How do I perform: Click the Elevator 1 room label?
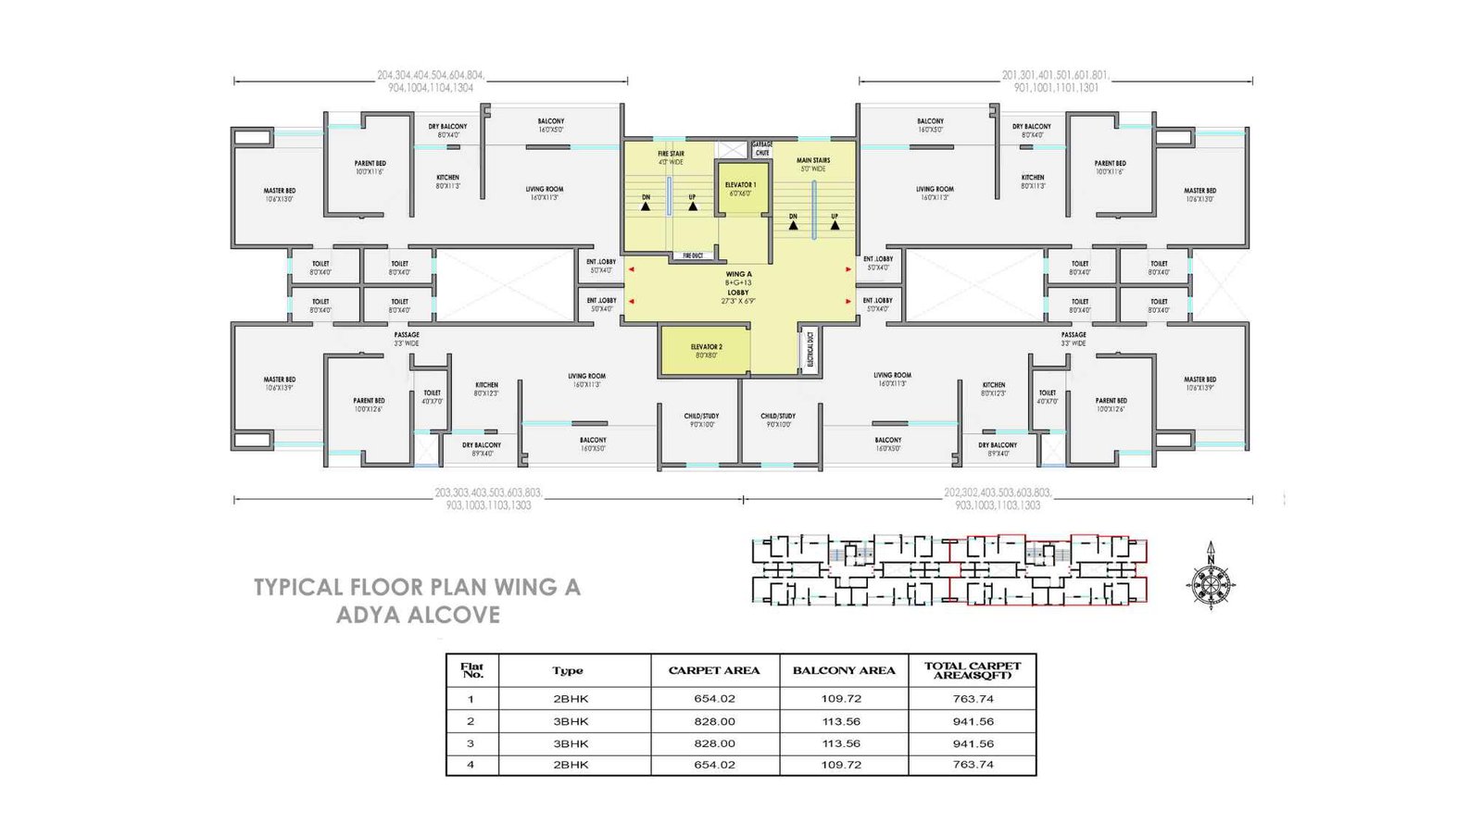click(740, 189)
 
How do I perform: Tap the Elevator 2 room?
click(707, 351)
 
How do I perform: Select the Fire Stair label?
click(671, 157)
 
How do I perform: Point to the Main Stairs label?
click(813, 164)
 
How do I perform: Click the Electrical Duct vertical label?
click(810, 350)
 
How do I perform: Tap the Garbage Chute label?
click(761, 148)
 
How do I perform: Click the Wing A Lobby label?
click(738, 287)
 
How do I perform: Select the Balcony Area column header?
click(843, 670)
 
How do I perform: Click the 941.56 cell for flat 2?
click(973, 721)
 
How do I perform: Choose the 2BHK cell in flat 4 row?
click(571, 765)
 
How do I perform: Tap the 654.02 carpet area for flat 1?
click(714, 699)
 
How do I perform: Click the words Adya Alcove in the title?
click(418, 615)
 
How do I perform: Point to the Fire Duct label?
click(693, 256)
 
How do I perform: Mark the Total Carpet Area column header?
click(972, 670)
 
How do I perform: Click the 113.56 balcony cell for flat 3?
click(841, 743)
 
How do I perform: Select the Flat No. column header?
click(472, 670)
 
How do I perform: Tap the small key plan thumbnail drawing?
click(949, 571)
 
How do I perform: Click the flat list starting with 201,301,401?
click(1055, 81)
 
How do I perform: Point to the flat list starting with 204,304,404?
click(431, 81)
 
